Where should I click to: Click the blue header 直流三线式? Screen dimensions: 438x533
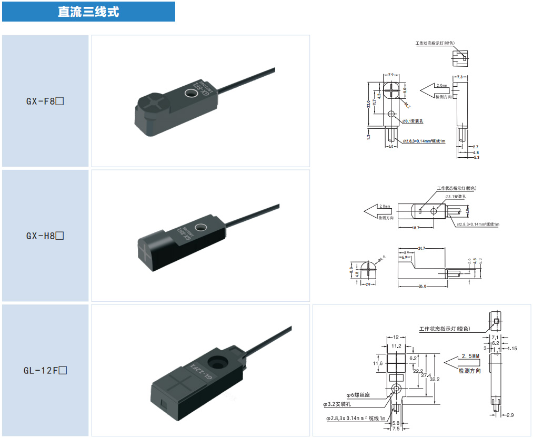pos(88,12)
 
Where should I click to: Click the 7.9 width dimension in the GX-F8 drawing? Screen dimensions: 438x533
pos(391,75)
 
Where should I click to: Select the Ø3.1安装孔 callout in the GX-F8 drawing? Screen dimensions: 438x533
pos(413,121)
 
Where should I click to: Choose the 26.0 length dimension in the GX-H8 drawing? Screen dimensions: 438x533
pos(421,286)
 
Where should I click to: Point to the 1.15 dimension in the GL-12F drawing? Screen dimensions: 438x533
pos(513,348)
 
